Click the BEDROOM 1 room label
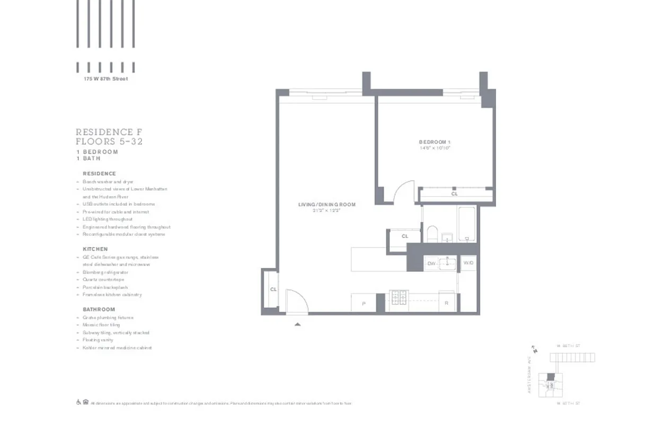click(x=435, y=142)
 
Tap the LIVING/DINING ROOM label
click(x=326, y=205)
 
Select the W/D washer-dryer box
click(x=468, y=263)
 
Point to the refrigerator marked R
click(x=447, y=303)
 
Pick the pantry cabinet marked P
click(x=364, y=303)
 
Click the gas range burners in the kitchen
click(x=398, y=300)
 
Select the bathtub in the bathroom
click(x=467, y=225)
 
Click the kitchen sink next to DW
click(x=447, y=263)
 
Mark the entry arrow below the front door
click(x=298, y=324)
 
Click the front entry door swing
click(x=296, y=301)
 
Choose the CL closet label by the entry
click(x=273, y=289)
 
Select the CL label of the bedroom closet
click(x=454, y=194)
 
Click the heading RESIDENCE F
click(x=109, y=132)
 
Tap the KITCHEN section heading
click(x=95, y=249)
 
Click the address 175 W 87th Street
click(x=105, y=79)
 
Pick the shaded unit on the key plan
click(x=551, y=376)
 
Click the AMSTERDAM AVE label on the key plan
click(x=529, y=374)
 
